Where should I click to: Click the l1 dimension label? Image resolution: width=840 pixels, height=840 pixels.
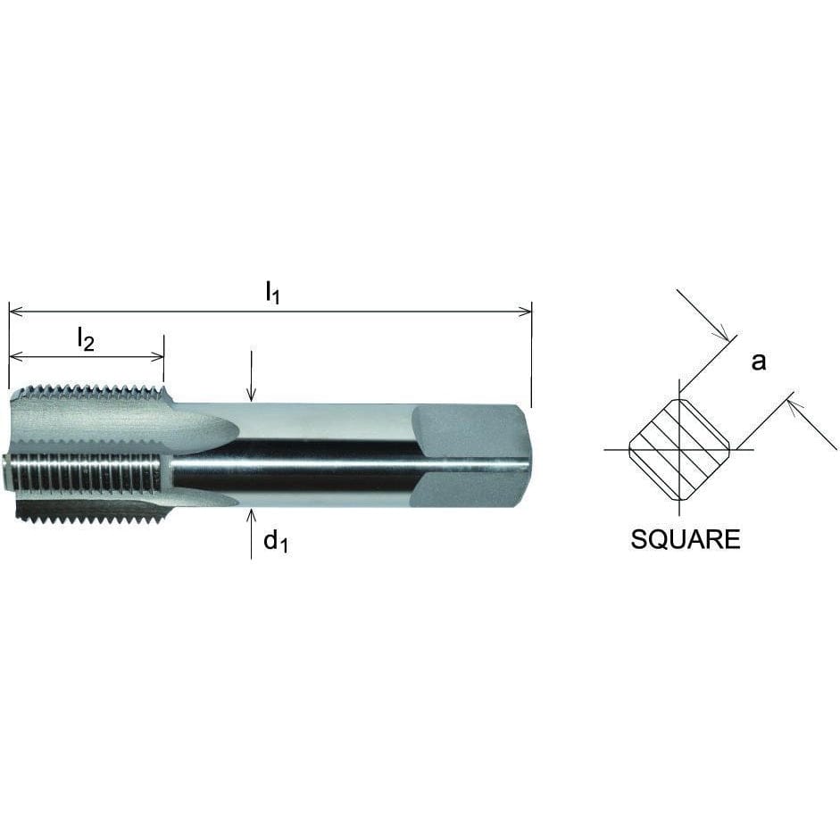[x=272, y=293]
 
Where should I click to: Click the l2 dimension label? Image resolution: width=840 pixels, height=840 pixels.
[x=85, y=338]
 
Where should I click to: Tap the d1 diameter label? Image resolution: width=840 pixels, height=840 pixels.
[x=275, y=542]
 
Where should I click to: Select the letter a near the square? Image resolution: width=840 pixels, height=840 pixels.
[x=758, y=362]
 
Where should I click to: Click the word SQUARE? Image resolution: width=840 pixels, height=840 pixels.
[x=685, y=539]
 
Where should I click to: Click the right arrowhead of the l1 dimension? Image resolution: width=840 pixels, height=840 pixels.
[x=527, y=312]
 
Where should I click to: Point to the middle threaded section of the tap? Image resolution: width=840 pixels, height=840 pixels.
[x=85, y=473]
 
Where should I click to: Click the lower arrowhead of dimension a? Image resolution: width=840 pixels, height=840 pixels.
[x=791, y=403]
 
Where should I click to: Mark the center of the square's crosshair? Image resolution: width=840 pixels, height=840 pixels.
[x=680, y=449]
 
